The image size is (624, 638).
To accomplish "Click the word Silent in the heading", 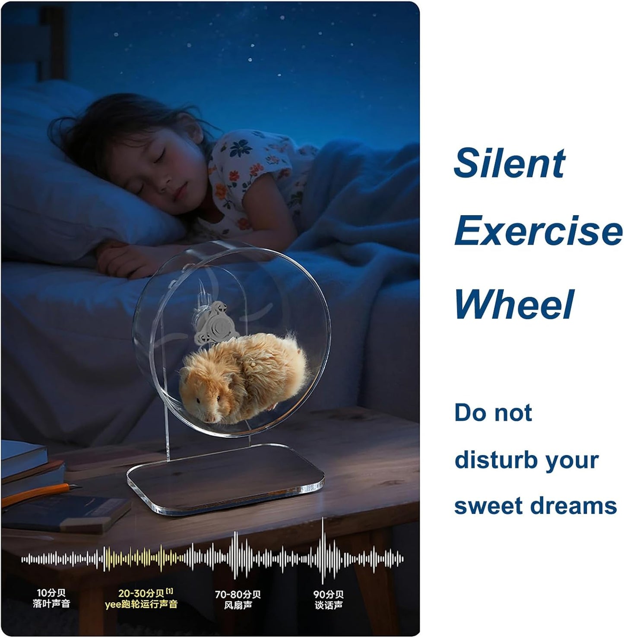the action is (510, 163).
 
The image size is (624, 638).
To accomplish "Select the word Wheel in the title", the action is (514, 304).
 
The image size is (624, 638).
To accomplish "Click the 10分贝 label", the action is (51, 593).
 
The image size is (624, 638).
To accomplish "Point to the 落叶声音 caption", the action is (51, 603).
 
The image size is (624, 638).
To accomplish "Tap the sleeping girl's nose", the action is (165, 179).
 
